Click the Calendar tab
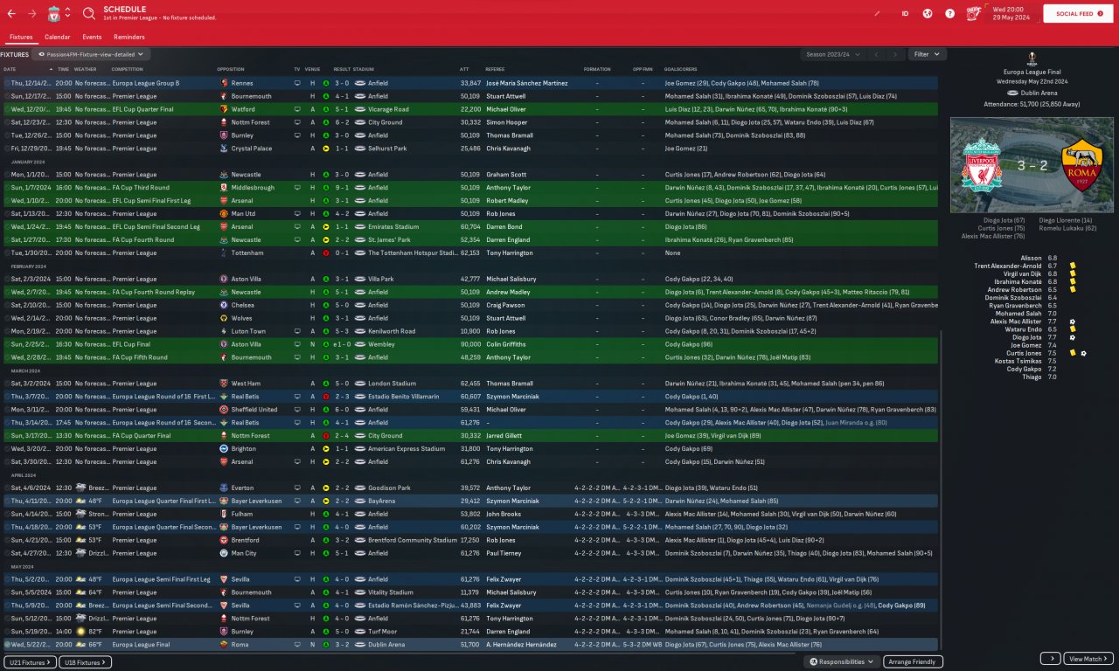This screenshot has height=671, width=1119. coord(57,38)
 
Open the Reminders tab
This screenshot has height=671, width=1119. coord(129,38)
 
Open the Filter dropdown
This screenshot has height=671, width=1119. coord(927,54)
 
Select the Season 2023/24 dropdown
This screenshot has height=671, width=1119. coord(833,54)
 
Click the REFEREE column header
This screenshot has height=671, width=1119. coord(495,69)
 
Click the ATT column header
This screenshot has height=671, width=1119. coord(464,69)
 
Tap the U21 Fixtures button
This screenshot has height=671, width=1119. coord(29,662)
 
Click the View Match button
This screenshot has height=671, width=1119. coord(1089,659)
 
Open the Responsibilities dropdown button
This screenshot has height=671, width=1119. coord(841,662)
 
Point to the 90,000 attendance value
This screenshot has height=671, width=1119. coord(469,344)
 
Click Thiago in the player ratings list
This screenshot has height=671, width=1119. coord(1032,377)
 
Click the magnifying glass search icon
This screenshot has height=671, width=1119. coord(89,14)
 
